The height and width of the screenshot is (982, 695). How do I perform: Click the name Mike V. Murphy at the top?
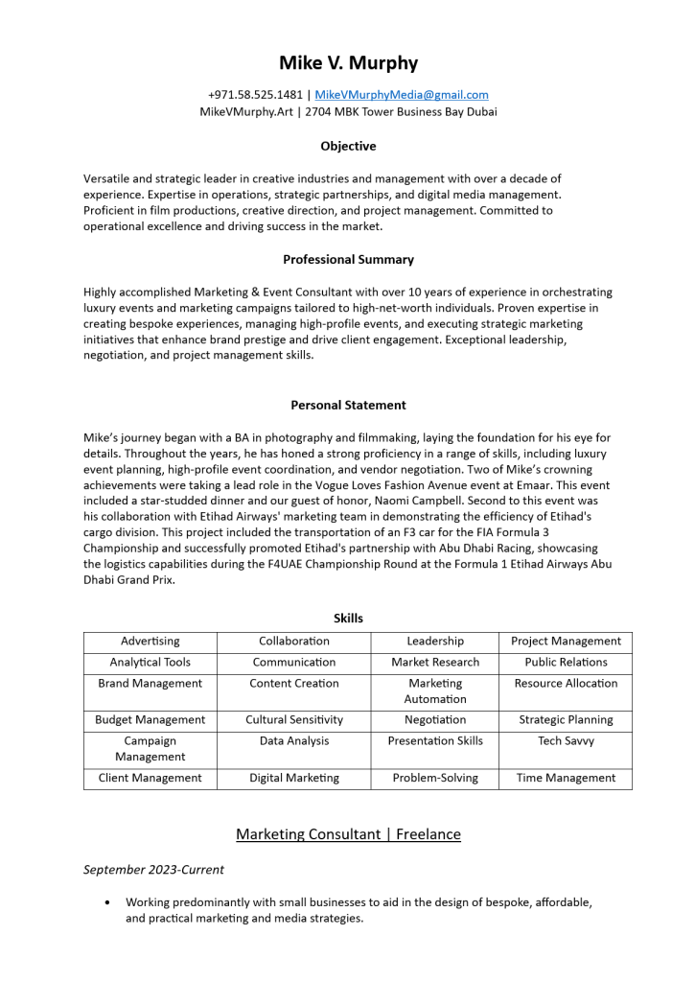click(x=348, y=63)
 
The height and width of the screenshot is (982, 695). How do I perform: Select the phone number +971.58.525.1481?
click(x=255, y=95)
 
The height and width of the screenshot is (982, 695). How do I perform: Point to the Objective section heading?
click(x=348, y=147)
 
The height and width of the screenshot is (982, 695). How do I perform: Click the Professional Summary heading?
click(x=348, y=260)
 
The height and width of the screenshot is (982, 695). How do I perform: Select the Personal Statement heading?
click(x=348, y=406)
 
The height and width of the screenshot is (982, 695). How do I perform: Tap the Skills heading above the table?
click(x=348, y=619)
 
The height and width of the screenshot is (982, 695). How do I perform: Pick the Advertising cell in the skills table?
click(x=150, y=642)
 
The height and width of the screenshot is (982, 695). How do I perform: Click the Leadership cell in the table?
click(x=434, y=642)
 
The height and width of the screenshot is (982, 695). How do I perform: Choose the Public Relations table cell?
click(x=566, y=663)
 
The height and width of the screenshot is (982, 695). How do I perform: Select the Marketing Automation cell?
click(x=434, y=691)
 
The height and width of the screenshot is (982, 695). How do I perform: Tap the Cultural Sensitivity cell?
click(x=293, y=720)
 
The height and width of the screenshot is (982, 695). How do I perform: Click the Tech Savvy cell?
click(x=566, y=741)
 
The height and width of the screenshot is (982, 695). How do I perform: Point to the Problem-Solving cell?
click(x=434, y=779)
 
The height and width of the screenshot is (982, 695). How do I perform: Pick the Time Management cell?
click(x=566, y=779)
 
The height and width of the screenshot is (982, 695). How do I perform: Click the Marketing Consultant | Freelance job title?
click(x=348, y=834)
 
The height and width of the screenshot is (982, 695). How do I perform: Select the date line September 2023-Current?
click(x=153, y=870)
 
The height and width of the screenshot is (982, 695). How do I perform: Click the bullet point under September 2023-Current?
click(x=107, y=902)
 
